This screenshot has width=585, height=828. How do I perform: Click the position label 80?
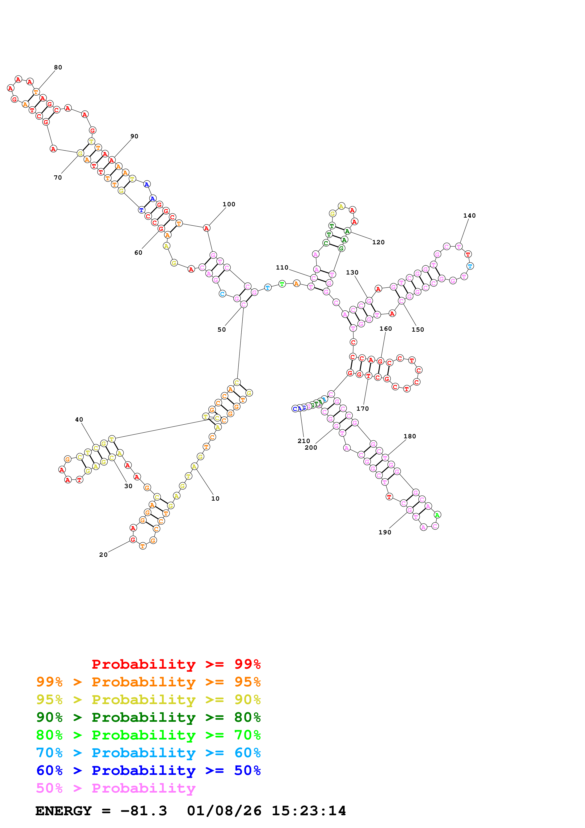pos(58,68)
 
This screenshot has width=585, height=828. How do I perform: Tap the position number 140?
pos(469,216)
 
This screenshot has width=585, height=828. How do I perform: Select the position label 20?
pos(103,555)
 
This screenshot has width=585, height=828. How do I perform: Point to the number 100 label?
pos(229,204)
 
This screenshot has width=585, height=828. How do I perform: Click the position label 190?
pos(385,532)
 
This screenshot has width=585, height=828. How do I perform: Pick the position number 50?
pos(222,330)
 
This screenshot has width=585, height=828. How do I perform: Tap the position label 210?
pos(304,441)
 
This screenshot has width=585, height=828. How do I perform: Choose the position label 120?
pos(379,242)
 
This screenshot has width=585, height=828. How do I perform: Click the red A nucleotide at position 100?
pos(206,228)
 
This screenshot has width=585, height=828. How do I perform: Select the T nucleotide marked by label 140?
pos(459,247)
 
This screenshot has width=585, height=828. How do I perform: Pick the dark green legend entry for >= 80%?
pos(148,717)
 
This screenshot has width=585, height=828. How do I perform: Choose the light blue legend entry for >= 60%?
pos(148,753)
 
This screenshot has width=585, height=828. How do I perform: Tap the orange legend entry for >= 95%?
pos(148,682)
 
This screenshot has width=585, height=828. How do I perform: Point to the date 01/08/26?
pos(224,811)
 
